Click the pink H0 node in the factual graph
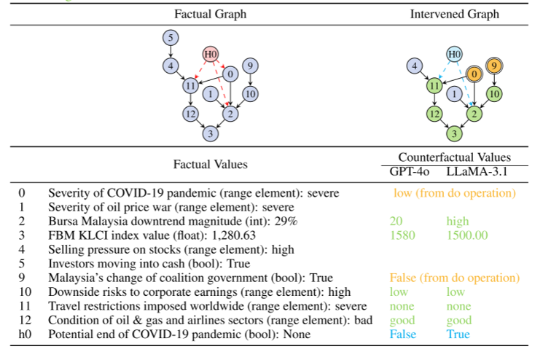[210, 55]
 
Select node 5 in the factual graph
[171, 37]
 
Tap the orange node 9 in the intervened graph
[494, 66]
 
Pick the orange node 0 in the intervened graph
[474, 74]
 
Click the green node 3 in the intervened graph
[454, 133]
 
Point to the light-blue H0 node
[454, 55]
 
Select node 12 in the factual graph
[190, 114]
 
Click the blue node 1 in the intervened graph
[454, 94]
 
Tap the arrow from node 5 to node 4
[171, 52]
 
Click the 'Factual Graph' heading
[210, 14]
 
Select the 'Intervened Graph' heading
[454, 14]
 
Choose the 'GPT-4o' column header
[410, 171]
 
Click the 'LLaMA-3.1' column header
[477, 171]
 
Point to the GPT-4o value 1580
[402, 235]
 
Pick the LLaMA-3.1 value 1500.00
[466, 235]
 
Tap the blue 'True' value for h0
[458, 334]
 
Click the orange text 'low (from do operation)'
[454, 193]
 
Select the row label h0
[25, 334]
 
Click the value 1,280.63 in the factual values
[233, 235]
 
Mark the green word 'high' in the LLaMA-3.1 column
[457, 222]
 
